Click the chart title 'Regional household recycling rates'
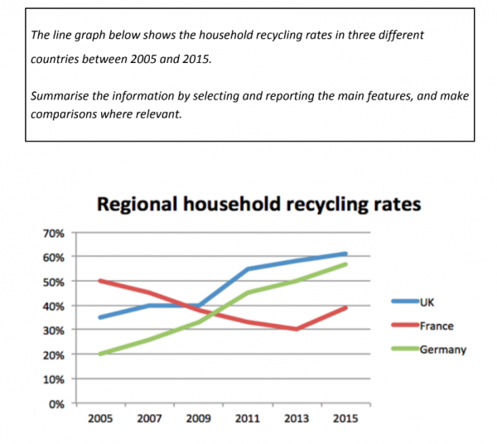(x=258, y=203)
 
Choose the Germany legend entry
(x=442, y=350)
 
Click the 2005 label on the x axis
(x=99, y=418)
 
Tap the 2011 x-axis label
(x=247, y=418)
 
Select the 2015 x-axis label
(x=345, y=418)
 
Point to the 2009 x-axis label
(x=198, y=418)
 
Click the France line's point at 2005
(x=99, y=281)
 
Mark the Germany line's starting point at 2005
(x=99, y=354)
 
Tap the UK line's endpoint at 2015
(x=345, y=253)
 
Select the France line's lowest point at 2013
(x=297, y=329)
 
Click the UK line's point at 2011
(x=247, y=269)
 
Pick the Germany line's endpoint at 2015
(x=345, y=264)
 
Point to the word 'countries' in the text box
(x=55, y=60)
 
